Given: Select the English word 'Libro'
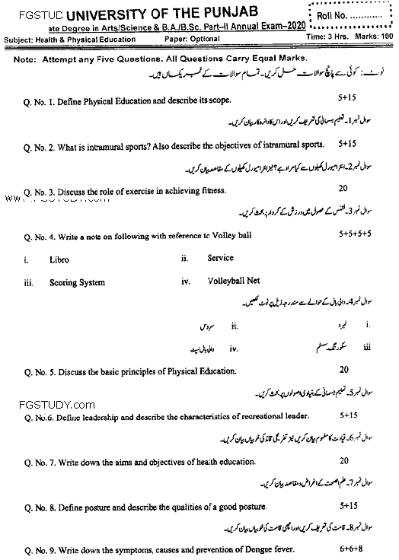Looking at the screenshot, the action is (x=59, y=259).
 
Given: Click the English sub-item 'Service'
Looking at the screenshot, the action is (x=220, y=258).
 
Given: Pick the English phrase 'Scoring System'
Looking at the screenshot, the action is (x=77, y=283).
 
